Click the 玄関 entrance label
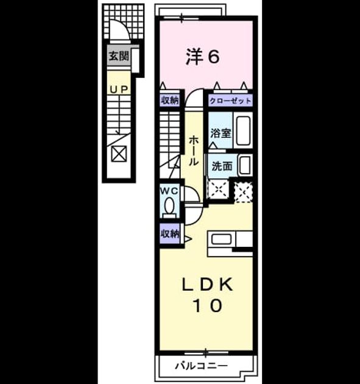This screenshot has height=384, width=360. tap(119, 56)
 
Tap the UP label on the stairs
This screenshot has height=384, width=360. tap(119, 90)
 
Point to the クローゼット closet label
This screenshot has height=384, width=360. tap(230, 101)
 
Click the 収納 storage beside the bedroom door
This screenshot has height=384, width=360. tap(169, 100)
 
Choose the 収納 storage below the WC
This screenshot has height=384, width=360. tap(170, 234)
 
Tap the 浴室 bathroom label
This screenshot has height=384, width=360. tap(221, 133)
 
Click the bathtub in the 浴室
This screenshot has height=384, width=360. tap(243, 130)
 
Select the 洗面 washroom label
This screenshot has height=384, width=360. tap(222, 166)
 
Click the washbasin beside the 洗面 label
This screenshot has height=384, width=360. tap(245, 165)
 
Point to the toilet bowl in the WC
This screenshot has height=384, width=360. tap(169, 207)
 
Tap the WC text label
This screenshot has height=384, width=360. tap(169, 191)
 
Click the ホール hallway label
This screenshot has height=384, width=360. tap(193, 151)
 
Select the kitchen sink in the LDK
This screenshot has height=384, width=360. tap(222, 239)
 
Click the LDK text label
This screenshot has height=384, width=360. tap(207, 285)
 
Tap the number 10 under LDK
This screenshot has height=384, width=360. tap(208, 305)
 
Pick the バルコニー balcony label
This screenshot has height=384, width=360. tap(201, 366)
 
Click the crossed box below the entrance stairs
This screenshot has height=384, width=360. tap(119, 154)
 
